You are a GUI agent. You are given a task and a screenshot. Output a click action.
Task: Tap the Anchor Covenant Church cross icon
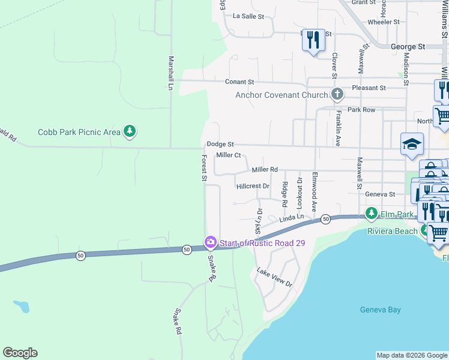[x=337, y=94]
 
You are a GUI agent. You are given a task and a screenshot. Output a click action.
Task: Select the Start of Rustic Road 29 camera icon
[x=210, y=242]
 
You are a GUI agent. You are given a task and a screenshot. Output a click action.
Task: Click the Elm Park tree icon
[x=371, y=214]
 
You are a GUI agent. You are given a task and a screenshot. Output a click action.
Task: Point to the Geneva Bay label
[x=380, y=310]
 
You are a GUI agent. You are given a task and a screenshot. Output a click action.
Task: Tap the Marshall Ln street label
[x=170, y=73]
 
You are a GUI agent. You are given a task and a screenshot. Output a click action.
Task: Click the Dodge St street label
[x=220, y=145]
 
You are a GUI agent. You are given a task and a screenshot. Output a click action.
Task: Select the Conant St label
[x=240, y=82]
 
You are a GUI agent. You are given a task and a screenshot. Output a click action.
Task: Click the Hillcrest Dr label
[x=253, y=186]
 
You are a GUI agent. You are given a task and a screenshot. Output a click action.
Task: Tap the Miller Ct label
[x=228, y=155]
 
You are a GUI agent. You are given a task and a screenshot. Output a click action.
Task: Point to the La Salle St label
[x=249, y=16]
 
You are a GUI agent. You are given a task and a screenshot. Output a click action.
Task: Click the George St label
[x=407, y=46]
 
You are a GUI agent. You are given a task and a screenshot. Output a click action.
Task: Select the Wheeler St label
[x=384, y=22]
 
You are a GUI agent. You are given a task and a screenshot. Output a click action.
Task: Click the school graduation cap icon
[x=412, y=144]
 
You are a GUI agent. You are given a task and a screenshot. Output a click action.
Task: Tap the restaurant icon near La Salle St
[x=313, y=40]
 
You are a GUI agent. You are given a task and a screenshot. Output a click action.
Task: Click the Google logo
[x=20, y=353]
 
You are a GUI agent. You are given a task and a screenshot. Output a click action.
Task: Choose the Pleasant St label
[x=369, y=88]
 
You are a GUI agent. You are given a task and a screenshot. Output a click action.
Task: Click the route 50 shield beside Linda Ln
[x=325, y=219]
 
